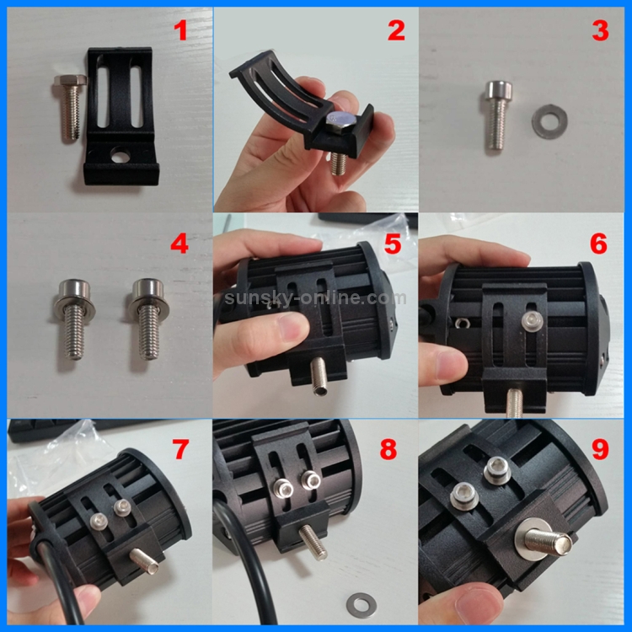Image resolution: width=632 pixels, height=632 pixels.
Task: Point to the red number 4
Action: point(179,244)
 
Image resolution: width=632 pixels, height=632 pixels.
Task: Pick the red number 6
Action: point(599,244)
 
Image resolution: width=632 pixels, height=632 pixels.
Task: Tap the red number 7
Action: point(179,449)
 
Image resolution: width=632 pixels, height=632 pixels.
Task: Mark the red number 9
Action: point(599,449)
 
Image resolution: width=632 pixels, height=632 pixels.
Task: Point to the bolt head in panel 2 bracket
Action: point(343,121)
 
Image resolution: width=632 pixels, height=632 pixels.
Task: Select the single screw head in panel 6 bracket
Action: point(532,318)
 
